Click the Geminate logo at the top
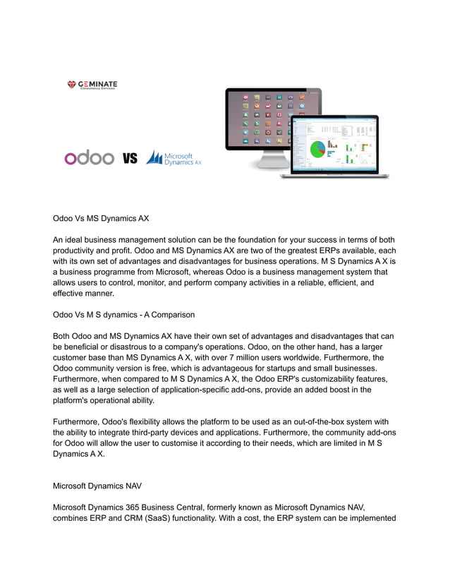92,85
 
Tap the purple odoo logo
89,157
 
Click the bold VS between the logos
130,158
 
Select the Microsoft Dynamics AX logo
174,157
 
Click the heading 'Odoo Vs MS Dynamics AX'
101,218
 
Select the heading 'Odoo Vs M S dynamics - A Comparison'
124,314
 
